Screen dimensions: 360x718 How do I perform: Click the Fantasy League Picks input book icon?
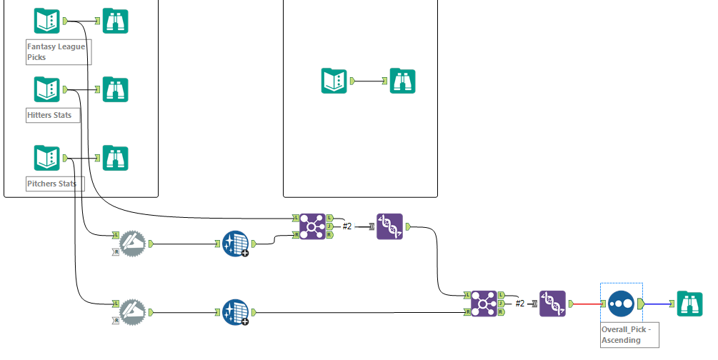point(47,21)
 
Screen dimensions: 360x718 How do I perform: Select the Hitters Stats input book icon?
point(47,89)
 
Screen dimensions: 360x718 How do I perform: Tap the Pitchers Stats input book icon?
point(47,158)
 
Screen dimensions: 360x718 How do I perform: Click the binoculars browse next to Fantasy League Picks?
point(116,21)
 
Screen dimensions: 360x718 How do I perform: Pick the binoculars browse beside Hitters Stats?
point(116,89)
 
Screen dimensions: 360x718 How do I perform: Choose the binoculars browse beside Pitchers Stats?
point(116,158)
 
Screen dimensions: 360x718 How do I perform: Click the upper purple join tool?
point(313,226)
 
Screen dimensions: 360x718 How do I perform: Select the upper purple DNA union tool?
point(389,226)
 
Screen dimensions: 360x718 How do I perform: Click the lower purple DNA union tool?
point(553,304)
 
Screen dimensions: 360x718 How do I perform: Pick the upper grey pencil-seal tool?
point(133,244)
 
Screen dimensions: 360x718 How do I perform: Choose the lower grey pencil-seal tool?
point(133,312)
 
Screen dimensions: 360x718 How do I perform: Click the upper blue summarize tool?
point(236,244)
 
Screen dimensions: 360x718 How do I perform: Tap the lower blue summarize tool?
point(236,312)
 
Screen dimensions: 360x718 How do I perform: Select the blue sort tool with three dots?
point(621,304)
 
